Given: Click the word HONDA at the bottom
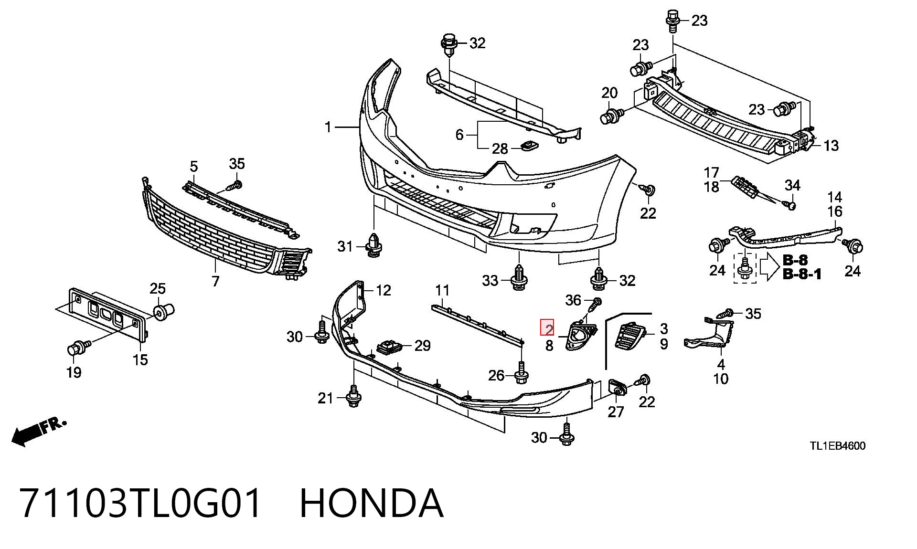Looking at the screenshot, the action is pos(372,503).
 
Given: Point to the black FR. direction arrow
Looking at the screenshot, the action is pos(38,432).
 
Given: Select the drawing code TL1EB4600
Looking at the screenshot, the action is pos(837,446).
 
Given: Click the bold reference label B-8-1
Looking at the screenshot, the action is pos(802,274).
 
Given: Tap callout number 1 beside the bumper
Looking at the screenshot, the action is pos(328,127).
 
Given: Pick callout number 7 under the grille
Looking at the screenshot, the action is pos(215,281).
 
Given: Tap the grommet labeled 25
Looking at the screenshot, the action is pos(164,311).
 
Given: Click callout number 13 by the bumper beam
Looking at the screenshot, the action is pos(831,145).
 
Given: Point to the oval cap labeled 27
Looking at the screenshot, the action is pos(617,387).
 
